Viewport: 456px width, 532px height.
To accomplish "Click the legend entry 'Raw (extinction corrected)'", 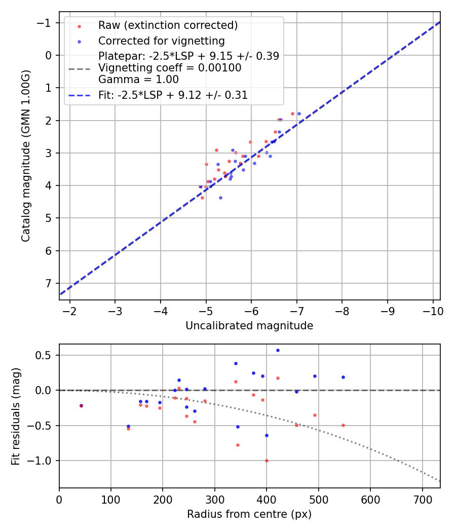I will [x=168, y=25].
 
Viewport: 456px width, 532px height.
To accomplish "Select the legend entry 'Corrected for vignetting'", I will [x=161, y=41].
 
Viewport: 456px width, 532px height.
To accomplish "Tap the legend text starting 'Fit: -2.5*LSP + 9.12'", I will [x=173, y=95].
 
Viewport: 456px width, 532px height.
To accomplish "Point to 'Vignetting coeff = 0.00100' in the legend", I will [x=170, y=67].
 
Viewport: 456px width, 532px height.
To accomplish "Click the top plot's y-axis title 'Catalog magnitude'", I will [x=26, y=156].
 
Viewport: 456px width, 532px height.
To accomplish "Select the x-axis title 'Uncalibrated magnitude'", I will [x=249, y=326].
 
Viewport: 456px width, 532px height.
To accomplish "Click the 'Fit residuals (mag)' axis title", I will [x=16, y=415].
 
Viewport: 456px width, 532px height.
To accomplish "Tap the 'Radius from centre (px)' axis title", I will [x=249, y=514].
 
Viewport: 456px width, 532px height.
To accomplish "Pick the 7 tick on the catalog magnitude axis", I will [x=49, y=283].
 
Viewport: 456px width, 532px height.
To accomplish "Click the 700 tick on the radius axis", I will [x=422, y=499].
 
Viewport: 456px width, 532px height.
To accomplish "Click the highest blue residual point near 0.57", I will [x=278, y=350].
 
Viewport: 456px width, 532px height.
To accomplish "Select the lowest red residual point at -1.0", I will [x=267, y=461].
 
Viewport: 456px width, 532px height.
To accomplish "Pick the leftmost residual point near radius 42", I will [x=81, y=405].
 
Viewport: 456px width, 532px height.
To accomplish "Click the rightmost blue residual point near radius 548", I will [x=343, y=377].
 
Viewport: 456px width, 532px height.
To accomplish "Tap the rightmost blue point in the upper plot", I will [x=299, y=113].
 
